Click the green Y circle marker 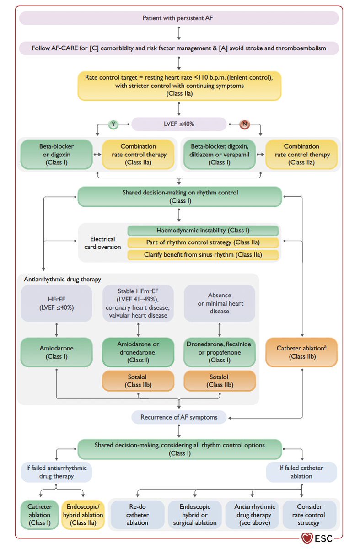(x=113, y=124)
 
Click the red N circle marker (x=244, y=124)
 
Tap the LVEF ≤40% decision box (x=179, y=124)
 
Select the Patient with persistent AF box (x=179, y=18)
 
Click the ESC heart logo (x=307, y=538)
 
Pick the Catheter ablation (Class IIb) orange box (x=301, y=352)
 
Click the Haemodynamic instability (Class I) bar (x=203, y=231)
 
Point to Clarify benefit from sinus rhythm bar (x=203, y=255)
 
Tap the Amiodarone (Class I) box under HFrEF (x=57, y=352)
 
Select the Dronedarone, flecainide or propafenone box (x=219, y=352)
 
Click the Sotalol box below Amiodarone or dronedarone (x=138, y=381)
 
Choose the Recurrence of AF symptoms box (x=179, y=417)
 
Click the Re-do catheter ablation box (x=138, y=515)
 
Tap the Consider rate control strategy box (x=309, y=515)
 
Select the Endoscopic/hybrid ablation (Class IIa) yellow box (x=83, y=515)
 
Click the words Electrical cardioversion (x=102, y=243)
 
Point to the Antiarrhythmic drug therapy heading (x=62, y=280)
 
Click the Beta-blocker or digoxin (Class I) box (x=57, y=155)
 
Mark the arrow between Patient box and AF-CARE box (x=179, y=33)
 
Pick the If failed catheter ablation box (x=301, y=472)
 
